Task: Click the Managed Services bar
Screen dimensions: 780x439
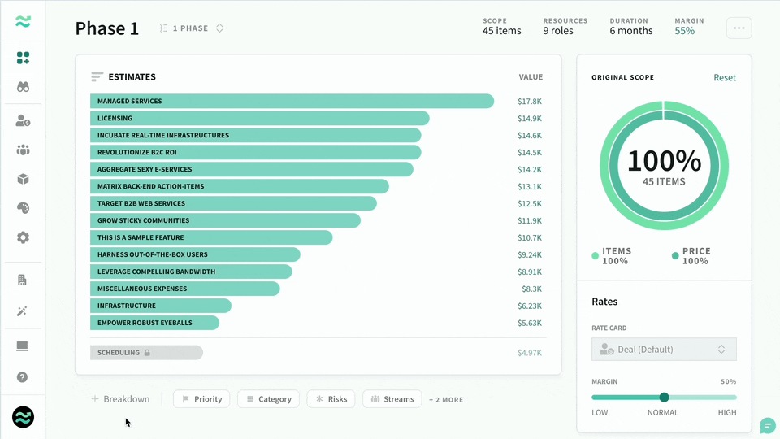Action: click(292, 101)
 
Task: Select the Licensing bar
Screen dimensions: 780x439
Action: click(260, 118)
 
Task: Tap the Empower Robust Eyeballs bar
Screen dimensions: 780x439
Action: click(154, 323)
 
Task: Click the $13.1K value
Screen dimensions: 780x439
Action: click(529, 187)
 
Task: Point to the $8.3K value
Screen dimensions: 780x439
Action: click(531, 289)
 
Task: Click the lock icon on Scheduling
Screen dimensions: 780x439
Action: click(147, 352)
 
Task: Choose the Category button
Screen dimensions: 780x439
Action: click(269, 398)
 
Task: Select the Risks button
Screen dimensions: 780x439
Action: click(331, 398)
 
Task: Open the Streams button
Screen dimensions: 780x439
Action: click(392, 398)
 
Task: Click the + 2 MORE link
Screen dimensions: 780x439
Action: click(446, 400)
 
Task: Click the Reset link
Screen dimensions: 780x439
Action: click(724, 78)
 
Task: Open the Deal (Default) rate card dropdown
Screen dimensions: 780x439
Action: click(664, 350)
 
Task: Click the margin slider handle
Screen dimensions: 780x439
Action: click(664, 398)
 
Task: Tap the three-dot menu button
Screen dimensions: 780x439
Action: click(739, 28)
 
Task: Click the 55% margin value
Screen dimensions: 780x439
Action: click(684, 31)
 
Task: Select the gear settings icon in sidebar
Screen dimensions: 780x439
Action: click(23, 237)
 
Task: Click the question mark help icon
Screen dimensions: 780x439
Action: click(23, 377)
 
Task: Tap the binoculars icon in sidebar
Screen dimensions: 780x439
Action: click(23, 87)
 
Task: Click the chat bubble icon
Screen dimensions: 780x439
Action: click(767, 426)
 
